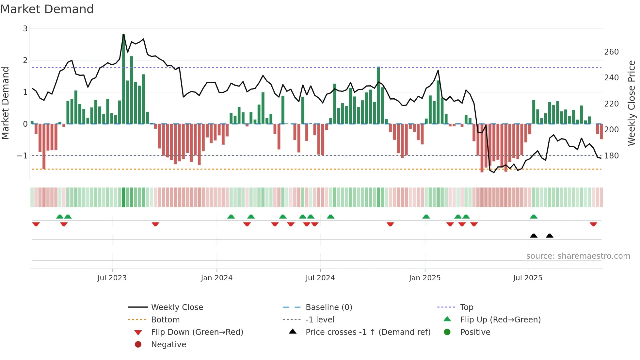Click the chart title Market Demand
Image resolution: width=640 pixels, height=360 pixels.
coord(47,9)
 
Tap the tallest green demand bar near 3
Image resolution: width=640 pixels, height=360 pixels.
coord(123,78)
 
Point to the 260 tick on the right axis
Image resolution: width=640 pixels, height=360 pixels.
coord(611,52)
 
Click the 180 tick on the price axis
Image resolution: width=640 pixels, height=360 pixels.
coord(611,156)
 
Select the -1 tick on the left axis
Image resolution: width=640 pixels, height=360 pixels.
coord(22,156)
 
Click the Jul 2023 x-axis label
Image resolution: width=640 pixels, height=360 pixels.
coord(112,278)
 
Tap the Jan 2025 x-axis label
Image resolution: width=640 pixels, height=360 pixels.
coord(424,278)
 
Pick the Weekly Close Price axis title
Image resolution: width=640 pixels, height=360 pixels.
coord(632,103)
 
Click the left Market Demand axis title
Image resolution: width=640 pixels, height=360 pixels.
coord(6,103)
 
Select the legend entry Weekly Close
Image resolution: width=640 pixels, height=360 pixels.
coord(177,307)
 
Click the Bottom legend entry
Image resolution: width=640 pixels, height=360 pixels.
coord(165,320)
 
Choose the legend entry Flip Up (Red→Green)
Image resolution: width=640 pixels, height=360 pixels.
coord(500,320)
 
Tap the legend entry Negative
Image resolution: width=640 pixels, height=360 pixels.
coord(168,345)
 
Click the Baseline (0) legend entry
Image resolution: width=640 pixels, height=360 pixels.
coord(328,307)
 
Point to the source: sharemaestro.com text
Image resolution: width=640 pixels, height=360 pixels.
coord(578,256)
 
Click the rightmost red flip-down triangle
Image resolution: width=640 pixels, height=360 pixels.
coord(593,224)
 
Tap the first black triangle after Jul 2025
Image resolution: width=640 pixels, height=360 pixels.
coord(534,236)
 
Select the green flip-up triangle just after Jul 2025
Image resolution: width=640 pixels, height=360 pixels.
coord(534,217)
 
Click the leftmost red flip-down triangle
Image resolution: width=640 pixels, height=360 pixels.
coord(36,224)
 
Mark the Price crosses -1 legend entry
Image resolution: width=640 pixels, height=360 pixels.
coord(368,332)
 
